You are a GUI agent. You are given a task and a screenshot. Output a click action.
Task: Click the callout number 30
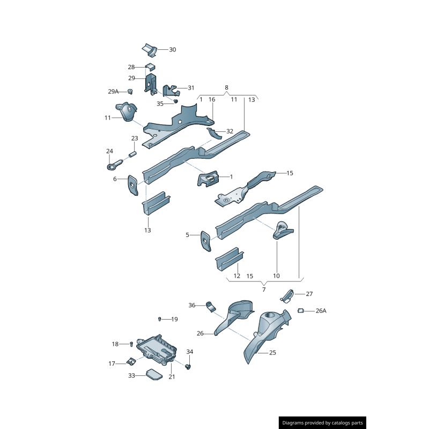[x=172, y=49]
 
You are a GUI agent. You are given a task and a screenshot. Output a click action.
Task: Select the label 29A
[x=113, y=91]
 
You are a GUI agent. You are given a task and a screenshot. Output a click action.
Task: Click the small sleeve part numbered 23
[x=132, y=154]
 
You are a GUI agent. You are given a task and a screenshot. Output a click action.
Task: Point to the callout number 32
[x=230, y=131]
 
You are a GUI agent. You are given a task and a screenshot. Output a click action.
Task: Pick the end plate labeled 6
[x=132, y=185]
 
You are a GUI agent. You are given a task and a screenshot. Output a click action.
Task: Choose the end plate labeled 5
[x=206, y=241]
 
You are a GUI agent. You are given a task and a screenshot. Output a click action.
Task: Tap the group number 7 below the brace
[x=264, y=290]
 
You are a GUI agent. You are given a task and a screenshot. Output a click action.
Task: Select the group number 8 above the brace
[x=226, y=87]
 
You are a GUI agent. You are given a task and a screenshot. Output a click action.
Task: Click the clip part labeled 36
[x=211, y=306]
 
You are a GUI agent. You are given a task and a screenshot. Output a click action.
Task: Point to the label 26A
[x=321, y=311]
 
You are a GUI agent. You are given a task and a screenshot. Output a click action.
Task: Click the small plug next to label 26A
[x=301, y=310]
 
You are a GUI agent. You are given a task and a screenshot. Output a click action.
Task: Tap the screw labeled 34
[x=188, y=367]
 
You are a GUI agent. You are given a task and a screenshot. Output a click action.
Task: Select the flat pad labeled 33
[x=154, y=374]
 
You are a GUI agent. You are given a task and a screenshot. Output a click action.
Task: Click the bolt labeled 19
[x=160, y=319]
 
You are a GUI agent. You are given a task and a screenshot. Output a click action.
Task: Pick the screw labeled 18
[x=131, y=344]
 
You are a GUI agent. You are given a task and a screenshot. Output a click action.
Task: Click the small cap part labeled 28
[x=150, y=66]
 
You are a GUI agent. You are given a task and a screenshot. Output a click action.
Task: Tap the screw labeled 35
[x=176, y=101]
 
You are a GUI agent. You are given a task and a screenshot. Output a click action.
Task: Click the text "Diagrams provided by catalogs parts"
[x=323, y=423]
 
